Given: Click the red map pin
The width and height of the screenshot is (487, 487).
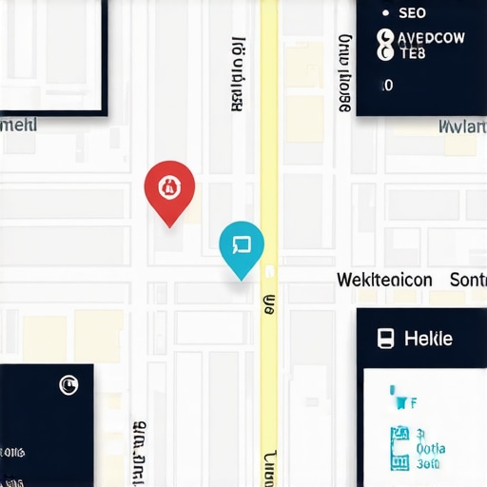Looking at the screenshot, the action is [169, 187].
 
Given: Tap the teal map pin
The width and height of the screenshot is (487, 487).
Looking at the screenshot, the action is [241, 246].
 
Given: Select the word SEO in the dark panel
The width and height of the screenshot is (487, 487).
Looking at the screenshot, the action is [412, 13].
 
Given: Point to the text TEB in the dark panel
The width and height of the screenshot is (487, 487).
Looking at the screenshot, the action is [413, 54].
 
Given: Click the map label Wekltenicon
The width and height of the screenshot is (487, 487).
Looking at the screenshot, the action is [384, 280].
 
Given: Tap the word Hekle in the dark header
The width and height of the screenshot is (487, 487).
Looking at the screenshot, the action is [428, 338].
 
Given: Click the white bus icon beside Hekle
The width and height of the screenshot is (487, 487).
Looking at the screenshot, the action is [385, 338].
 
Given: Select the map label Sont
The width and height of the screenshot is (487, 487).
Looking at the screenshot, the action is [467, 280].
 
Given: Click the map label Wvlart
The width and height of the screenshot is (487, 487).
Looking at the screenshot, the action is [462, 126].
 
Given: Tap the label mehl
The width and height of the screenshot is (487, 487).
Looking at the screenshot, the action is [18, 125].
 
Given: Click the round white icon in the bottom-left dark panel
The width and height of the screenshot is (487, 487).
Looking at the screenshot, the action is [68, 384].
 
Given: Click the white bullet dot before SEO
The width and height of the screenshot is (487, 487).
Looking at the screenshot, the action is [385, 13].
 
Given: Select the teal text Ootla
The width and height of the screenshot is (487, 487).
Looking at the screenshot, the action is [431, 449].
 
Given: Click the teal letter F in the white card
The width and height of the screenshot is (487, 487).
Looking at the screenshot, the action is [414, 403].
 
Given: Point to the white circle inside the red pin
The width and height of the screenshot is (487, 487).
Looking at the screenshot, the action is [169, 185].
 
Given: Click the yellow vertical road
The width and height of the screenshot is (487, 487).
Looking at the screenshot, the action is [269, 143].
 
